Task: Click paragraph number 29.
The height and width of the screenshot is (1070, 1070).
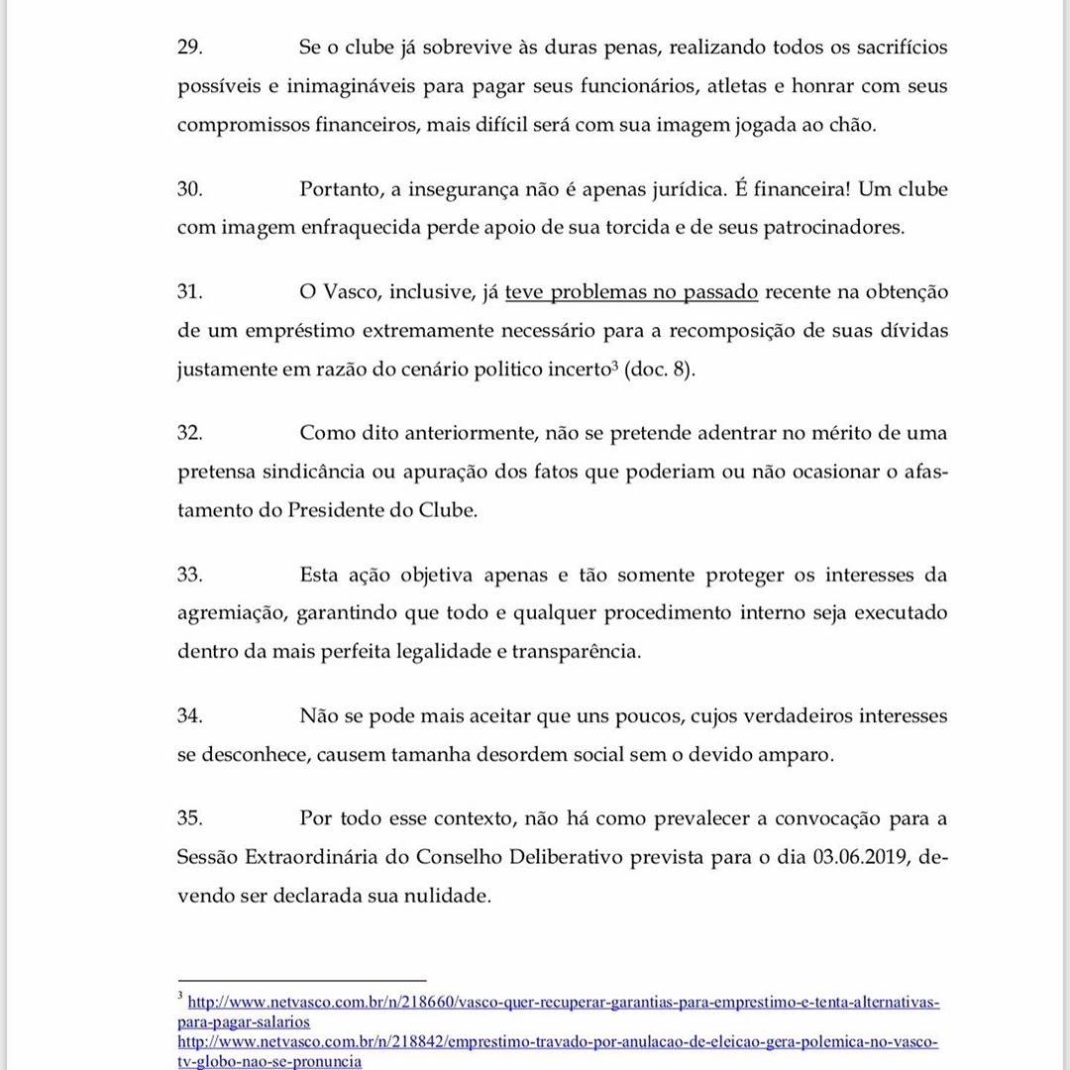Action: tap(189, 48)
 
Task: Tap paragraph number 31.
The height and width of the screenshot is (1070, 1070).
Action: tap(189, 291)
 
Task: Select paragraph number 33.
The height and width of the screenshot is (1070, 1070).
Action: tap(189, 575)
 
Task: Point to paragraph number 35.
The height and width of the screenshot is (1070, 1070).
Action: tap(189, 818)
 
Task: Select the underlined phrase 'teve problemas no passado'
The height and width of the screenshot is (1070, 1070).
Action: tap(631, 291)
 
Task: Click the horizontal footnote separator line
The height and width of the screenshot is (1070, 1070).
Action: tap(301, 980)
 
